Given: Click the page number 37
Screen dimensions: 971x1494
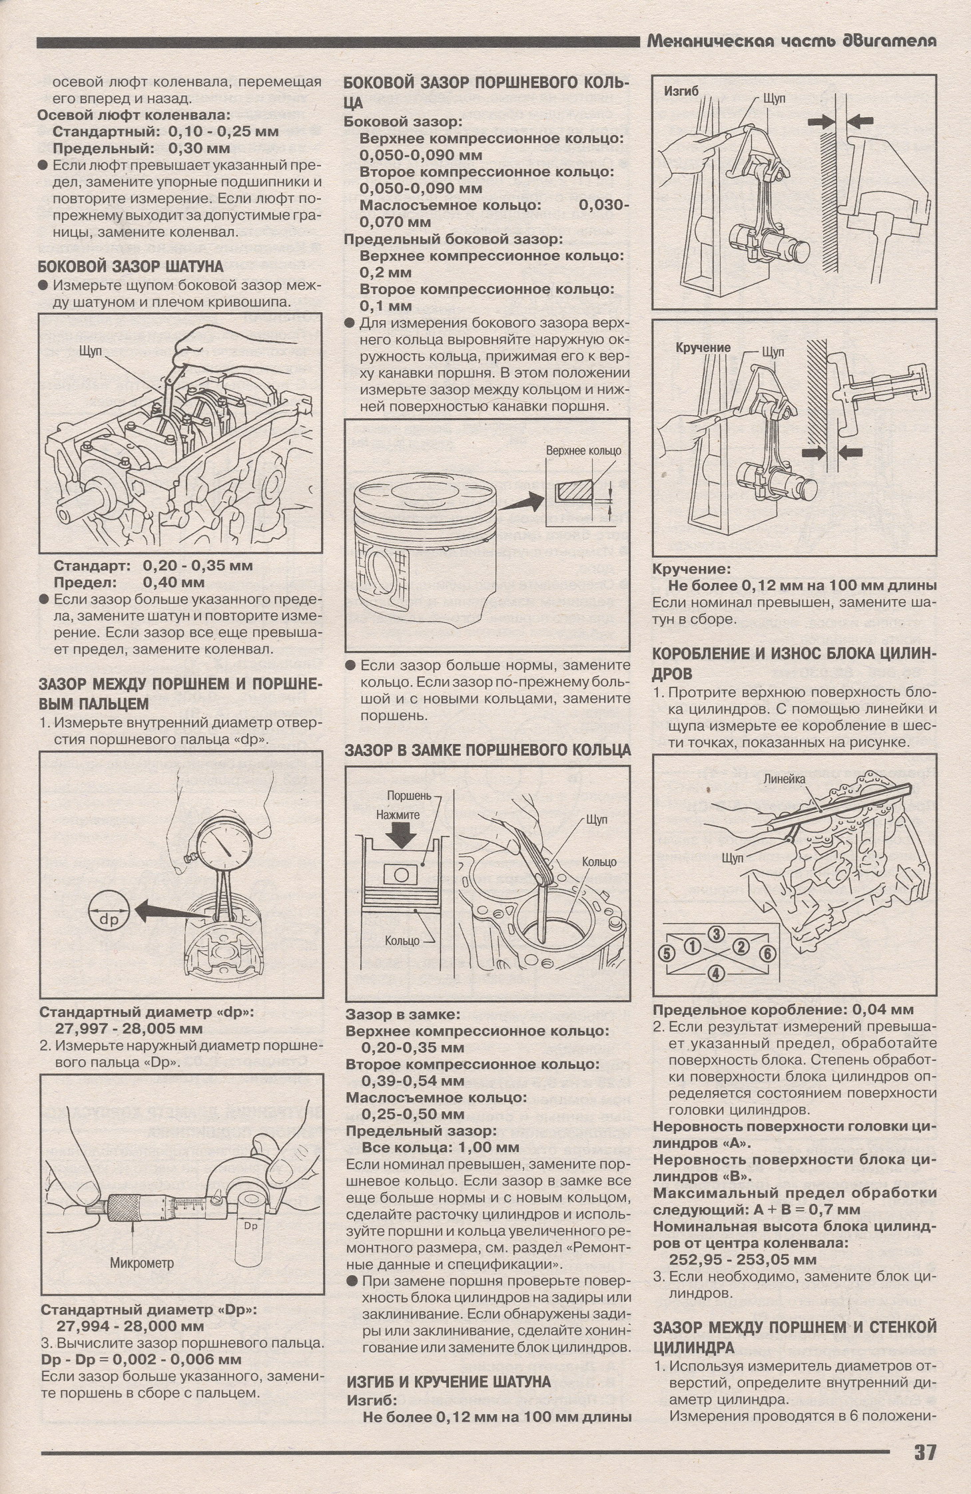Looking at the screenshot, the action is point(924,1452).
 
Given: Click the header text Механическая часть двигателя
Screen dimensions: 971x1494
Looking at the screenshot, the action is point(792,41).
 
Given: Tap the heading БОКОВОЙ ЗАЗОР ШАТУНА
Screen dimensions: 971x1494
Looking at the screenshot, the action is point(131,267).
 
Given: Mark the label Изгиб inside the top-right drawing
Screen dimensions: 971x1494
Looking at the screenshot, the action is point(681,91).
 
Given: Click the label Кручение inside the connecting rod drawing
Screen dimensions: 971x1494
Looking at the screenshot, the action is point(703,347).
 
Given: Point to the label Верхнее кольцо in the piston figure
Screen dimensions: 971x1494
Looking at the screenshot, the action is point(583,451).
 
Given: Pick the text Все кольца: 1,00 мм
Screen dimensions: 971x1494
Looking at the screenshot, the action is point(440,1147).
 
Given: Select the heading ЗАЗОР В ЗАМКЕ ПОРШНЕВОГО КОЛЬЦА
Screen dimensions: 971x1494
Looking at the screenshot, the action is point(487,750).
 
